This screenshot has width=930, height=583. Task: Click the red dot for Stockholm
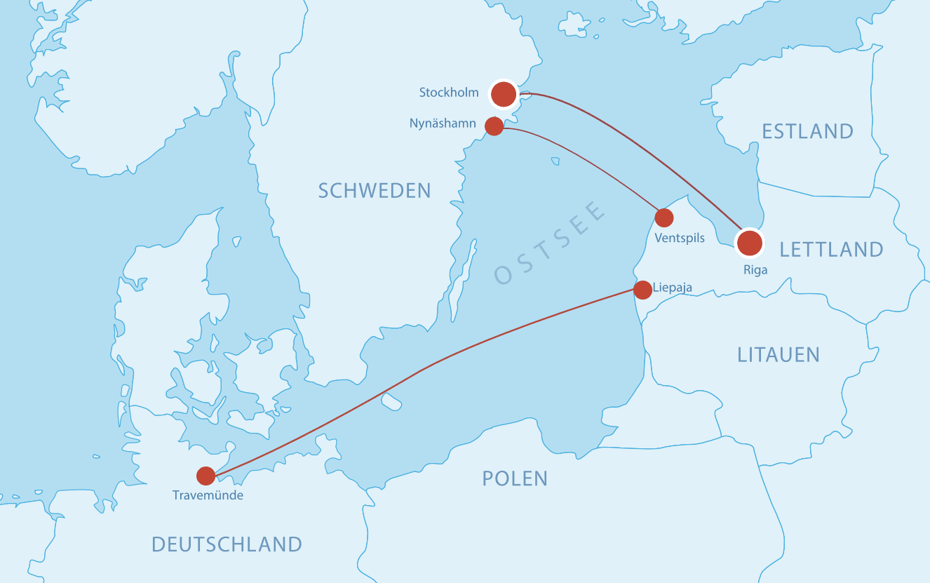[504, 93]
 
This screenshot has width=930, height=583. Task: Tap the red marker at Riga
[749, 242]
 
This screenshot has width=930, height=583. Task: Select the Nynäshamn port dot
[494, 126]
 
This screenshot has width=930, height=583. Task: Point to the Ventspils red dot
[663, 217]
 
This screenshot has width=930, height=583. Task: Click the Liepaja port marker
[642, 290]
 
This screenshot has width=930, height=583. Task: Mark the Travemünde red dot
[205, 476]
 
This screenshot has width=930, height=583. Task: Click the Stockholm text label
[449, 93]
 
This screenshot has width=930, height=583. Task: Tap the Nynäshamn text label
[443, 124]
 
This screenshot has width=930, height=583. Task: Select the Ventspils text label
[679, 239]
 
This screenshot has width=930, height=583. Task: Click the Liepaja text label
[672, 288]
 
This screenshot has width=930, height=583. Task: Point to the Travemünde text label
[208, 496]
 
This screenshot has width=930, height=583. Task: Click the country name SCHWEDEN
[375, 190]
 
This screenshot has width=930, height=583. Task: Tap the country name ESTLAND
[807, 131]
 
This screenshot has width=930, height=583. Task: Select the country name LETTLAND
[831, 249]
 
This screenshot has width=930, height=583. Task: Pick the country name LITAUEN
[779, 354]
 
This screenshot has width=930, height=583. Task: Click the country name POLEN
[515, 478]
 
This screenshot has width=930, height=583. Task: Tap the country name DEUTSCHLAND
[227, 544]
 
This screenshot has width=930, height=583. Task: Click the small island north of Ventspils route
[555, 161]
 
